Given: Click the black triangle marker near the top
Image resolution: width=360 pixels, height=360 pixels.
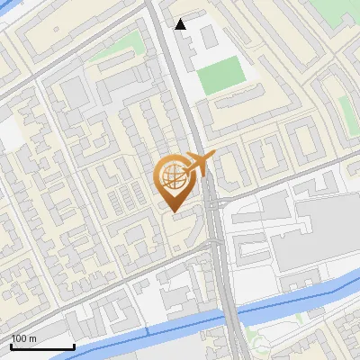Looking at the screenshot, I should (x=181, y=24).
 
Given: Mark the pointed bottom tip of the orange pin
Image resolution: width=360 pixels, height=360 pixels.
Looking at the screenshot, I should (x=173, y=212).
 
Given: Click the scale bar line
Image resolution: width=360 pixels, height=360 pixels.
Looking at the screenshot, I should (x=42, y=347).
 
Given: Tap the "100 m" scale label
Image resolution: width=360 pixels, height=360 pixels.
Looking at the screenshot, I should (x=24, y=338).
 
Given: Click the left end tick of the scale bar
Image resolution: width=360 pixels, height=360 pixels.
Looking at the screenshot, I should (x=11, y=346).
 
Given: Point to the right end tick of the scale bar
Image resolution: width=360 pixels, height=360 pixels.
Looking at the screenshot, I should (x=74, y=346).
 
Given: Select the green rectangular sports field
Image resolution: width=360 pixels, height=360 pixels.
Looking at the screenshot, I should (x=220, y=76).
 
